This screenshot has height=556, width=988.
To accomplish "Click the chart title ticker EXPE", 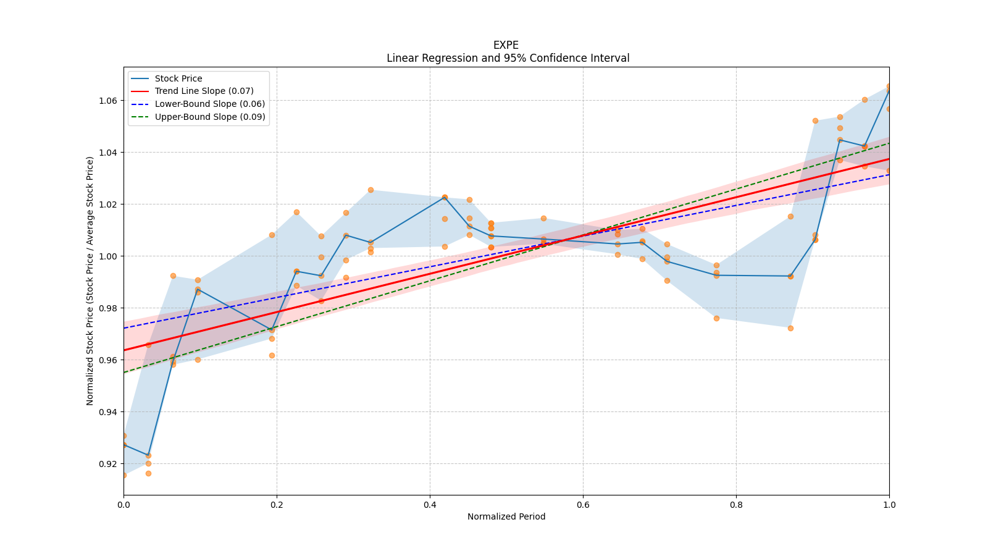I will click(x=506, y=45).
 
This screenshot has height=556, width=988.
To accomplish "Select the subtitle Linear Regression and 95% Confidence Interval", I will click(x=508, y=58).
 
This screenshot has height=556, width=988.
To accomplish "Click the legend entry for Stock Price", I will click(x=178, y=78).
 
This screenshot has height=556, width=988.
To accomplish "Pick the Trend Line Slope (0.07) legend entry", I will click(x=204, y=91).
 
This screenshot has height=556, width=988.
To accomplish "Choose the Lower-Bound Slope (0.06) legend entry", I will click(x=209, y=104).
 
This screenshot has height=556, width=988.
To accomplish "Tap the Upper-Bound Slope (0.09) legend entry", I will click(x=210, y=117).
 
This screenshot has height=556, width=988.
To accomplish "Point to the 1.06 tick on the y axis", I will click(x=109, y=101).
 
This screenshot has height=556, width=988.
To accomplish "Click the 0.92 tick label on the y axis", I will click(x=109, y=463).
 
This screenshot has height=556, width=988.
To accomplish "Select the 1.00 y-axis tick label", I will click(x=109, y=256).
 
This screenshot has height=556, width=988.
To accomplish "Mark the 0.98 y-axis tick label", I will click(x=109, y=308).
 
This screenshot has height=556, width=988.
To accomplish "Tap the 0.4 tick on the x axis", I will click(x=430, y=505).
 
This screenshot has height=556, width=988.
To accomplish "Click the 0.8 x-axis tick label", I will click(x=736, y=505).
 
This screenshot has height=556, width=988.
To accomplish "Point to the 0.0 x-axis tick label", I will click(x=124, y=505).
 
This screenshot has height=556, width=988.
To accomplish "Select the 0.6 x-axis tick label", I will click(x=583, y=505).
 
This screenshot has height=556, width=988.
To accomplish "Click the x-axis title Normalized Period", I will click(x=506, y=516).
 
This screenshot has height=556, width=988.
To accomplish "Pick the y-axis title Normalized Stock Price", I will click(x=90, y=280).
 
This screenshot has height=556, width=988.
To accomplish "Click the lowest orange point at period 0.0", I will click(x=124, y=475).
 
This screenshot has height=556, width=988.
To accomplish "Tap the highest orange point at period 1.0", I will click(x=889, y=86).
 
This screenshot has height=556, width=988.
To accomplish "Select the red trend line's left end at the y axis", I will click(x=124, y=350).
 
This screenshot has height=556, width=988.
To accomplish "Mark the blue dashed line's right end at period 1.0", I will click(x=889, y=174).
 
